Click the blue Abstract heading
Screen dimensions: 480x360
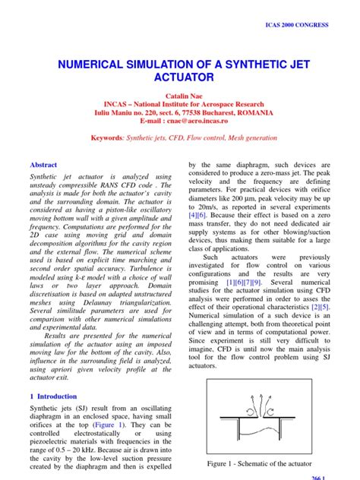(43, 165)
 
